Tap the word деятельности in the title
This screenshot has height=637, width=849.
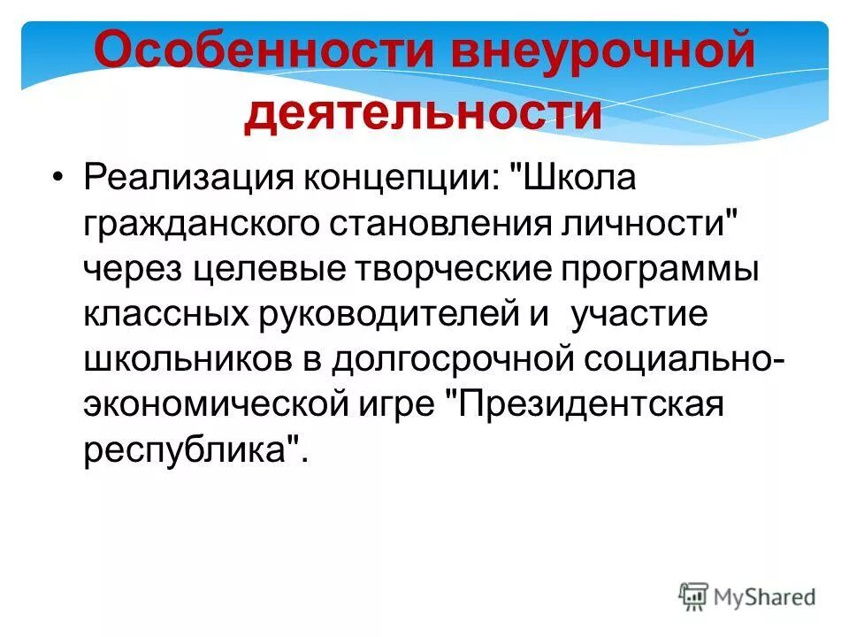(423, 115)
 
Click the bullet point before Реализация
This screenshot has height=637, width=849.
(58, 179)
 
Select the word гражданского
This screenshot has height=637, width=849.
(207, 225)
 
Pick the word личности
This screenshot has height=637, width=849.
(651, 225)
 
